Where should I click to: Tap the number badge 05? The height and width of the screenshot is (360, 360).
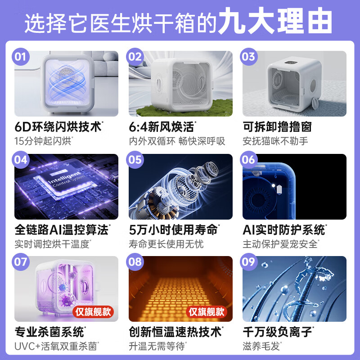point(135,160)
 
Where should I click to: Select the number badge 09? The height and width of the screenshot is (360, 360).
point(249,262)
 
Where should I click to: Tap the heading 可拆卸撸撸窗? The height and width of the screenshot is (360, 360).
point(277,126)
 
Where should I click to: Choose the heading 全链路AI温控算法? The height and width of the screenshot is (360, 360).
point(62,229)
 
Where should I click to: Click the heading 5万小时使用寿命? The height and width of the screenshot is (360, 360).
point(173,229)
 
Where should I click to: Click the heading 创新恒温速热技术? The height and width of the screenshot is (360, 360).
point(175,332)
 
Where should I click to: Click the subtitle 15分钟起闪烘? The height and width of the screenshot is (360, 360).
point(43,141)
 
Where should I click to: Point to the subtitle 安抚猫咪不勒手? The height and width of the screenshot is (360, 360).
point(275,141)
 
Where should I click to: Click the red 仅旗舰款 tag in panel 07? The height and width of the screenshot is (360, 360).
point(93,311)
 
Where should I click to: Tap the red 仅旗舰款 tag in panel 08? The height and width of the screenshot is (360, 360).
point(207,311)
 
